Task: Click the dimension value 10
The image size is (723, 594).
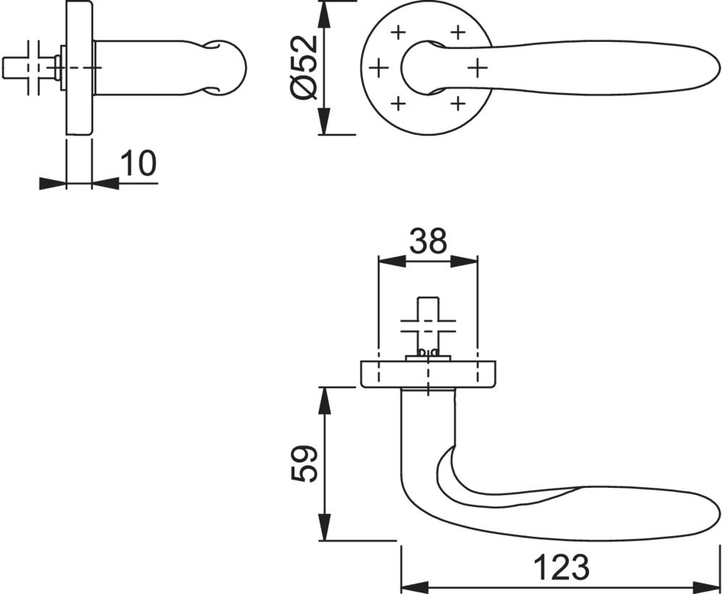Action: [x=138, y=163]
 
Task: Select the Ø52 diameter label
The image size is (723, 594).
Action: [x=305, y=67]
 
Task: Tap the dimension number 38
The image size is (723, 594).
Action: [x=428, y=241]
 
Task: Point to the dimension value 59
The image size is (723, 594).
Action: [x=304, y=463]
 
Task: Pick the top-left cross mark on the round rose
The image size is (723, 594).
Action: [x=398, y=33]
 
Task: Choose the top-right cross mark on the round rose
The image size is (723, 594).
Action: [x=458, y=33]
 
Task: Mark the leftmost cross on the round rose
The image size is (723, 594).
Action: [x=379, y=69]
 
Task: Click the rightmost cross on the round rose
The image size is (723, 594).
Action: [x=477, y=69]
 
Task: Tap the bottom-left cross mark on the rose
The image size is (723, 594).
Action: [x=398, y=103]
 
